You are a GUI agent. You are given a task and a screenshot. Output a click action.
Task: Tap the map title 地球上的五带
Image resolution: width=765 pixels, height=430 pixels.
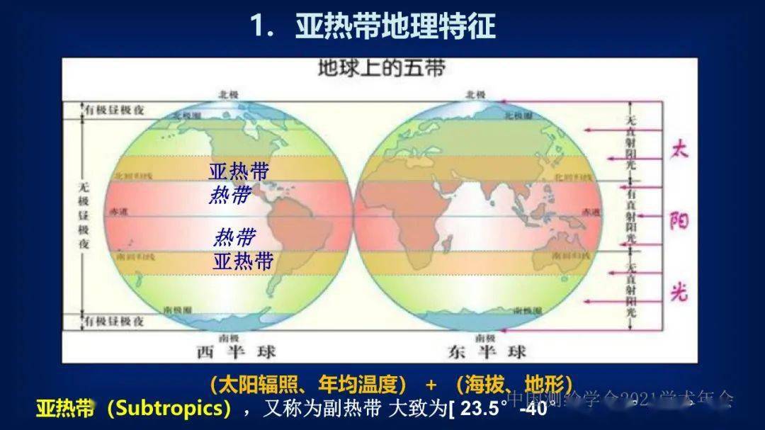pyautogui.click(x=381, y=69)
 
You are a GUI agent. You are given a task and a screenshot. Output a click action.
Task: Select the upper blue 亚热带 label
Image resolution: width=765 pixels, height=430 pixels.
pyautogui.click(x=239, y=171)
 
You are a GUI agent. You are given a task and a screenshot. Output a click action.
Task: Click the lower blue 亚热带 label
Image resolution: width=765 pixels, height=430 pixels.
pyautogui.click(x=243, y=261)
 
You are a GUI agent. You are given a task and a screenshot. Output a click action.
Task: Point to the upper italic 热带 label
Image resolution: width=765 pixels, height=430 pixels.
pyautogui.click(x=229, y=194)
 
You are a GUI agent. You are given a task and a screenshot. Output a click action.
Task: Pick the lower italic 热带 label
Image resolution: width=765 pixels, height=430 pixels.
pyautogui.click(x=234, y=237)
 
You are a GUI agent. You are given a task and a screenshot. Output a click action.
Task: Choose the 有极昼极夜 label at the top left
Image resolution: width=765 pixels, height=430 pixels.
pyautogui.click(x=115, y=110)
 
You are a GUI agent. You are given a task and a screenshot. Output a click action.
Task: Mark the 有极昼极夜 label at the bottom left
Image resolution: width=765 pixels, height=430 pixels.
pyautogui.click(x=115, y=321)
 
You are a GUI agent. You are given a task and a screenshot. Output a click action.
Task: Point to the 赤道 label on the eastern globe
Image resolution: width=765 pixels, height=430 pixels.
pyautogui.click(x=589, y=212)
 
